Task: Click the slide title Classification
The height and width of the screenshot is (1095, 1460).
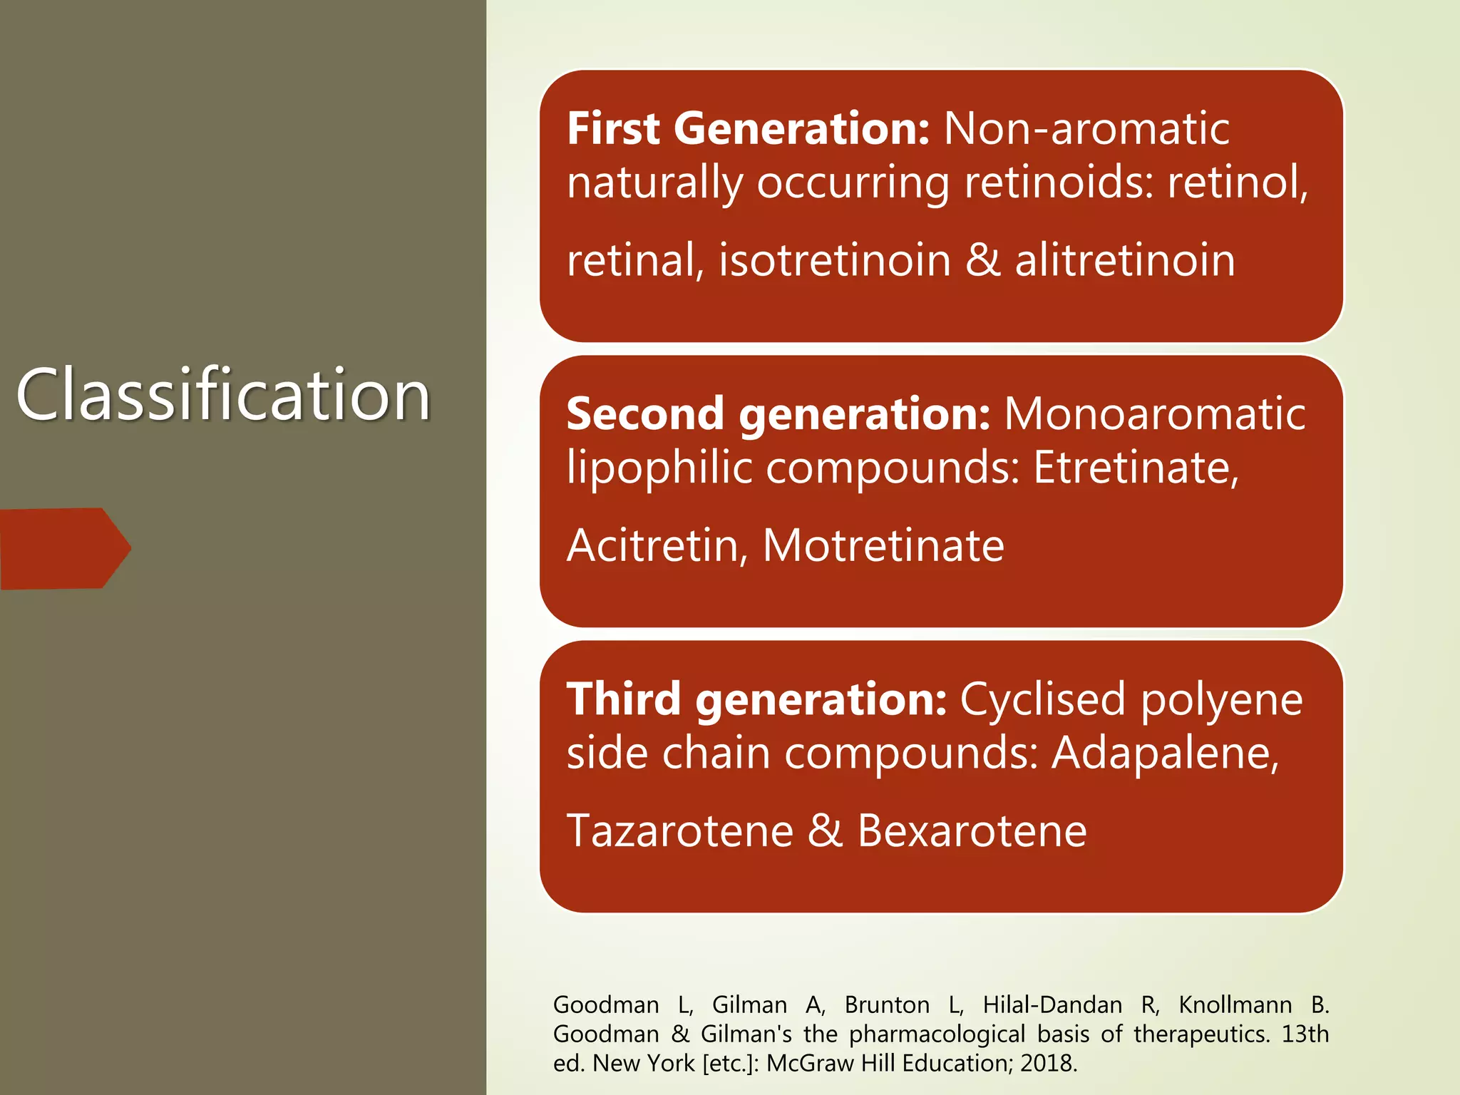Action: point(223,394)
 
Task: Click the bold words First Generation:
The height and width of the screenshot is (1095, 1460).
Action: point(748,129)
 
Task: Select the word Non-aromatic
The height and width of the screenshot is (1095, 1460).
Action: point(1086,129)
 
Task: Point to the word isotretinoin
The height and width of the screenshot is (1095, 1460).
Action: point(834,259)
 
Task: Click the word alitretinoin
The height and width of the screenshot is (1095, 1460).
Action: point(1125,259)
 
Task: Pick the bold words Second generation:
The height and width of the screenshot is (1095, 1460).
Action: point(778,414)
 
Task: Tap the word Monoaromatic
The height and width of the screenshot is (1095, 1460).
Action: point(1154,414)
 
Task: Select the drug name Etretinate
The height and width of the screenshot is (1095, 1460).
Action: point(1136,468)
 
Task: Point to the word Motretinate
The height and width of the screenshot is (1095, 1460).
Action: point(883,545)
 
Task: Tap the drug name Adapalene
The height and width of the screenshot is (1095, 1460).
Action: point(1165,753)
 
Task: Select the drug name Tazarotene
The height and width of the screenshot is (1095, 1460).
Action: point(679,831)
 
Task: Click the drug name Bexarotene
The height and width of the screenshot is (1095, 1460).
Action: point(972,831)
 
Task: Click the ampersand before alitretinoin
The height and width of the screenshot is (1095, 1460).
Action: point(983,259)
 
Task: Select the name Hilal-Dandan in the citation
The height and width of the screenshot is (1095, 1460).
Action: point(1052,1004)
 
